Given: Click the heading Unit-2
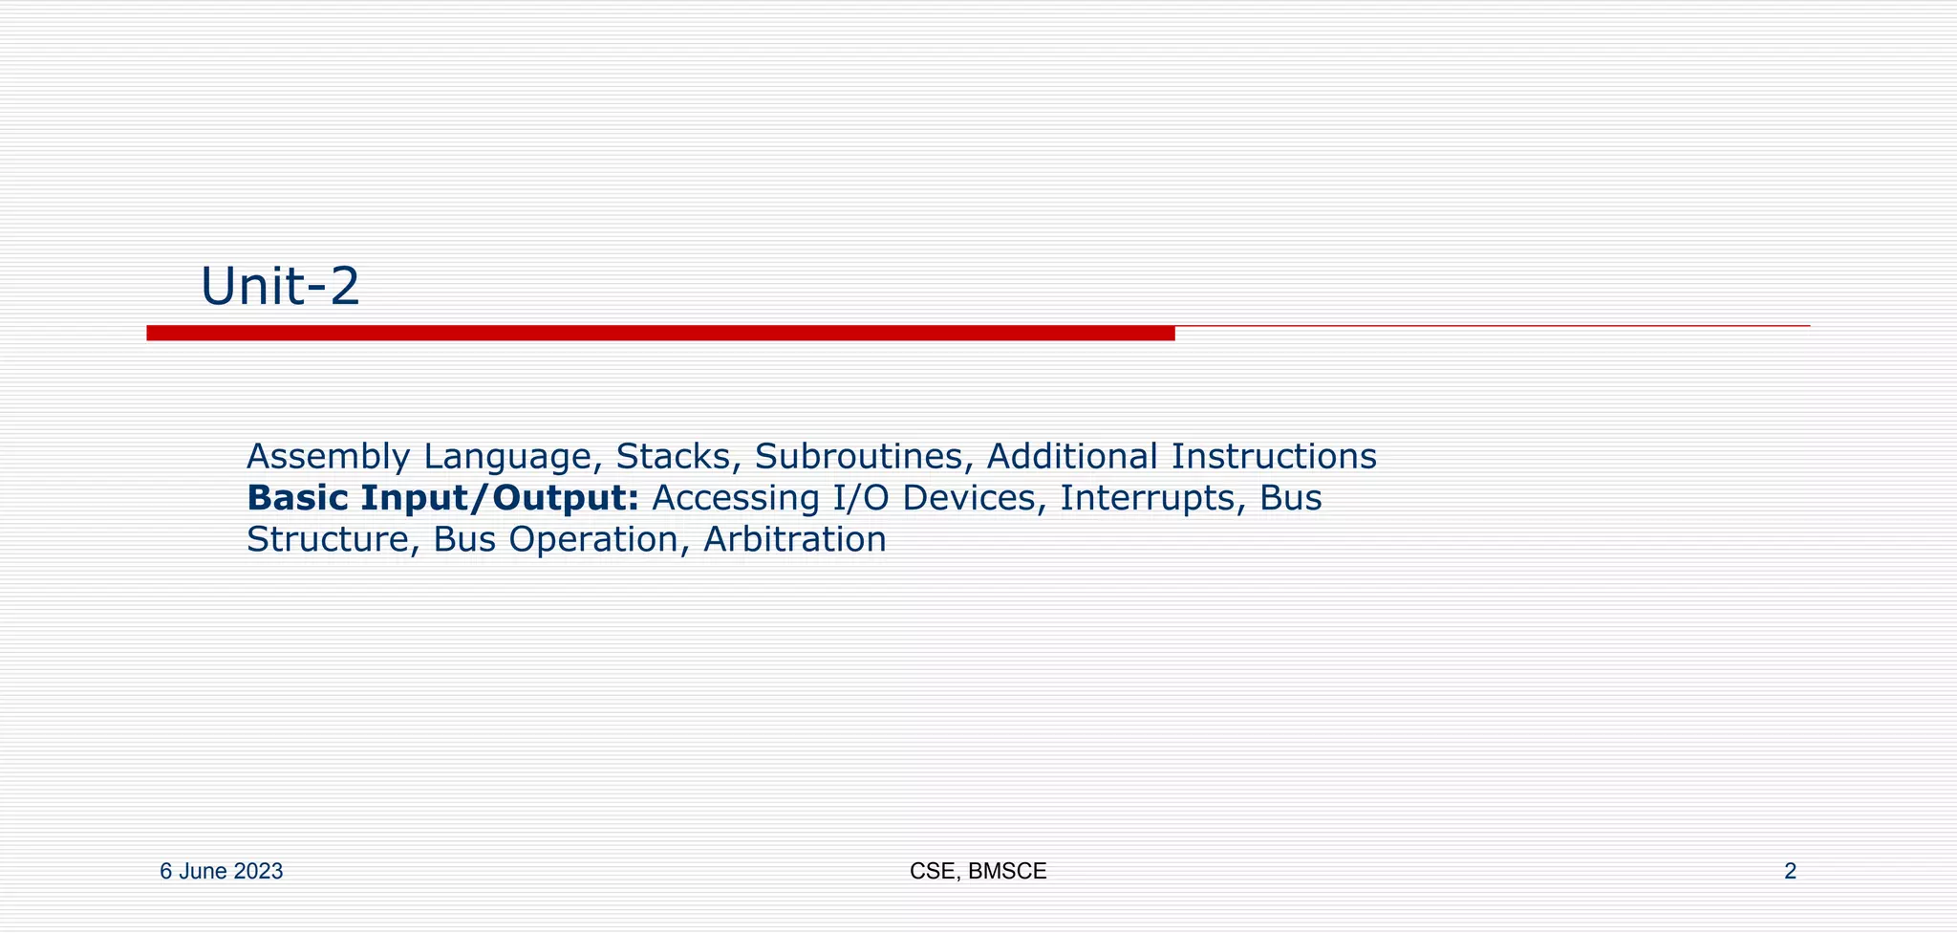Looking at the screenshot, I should point(280,286).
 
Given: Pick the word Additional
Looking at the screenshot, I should point(1072,457).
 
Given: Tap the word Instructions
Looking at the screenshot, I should point(1274,457).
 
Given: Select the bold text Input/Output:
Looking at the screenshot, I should point(499,498).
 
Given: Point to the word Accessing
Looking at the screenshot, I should point(730,498).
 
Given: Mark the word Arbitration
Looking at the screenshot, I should point(795,540).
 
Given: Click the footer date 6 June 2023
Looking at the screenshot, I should point(221,872).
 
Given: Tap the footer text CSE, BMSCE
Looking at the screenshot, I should point(978,872).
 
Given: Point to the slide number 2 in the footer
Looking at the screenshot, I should point(1790,872).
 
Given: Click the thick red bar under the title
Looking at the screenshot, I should point(659,333).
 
